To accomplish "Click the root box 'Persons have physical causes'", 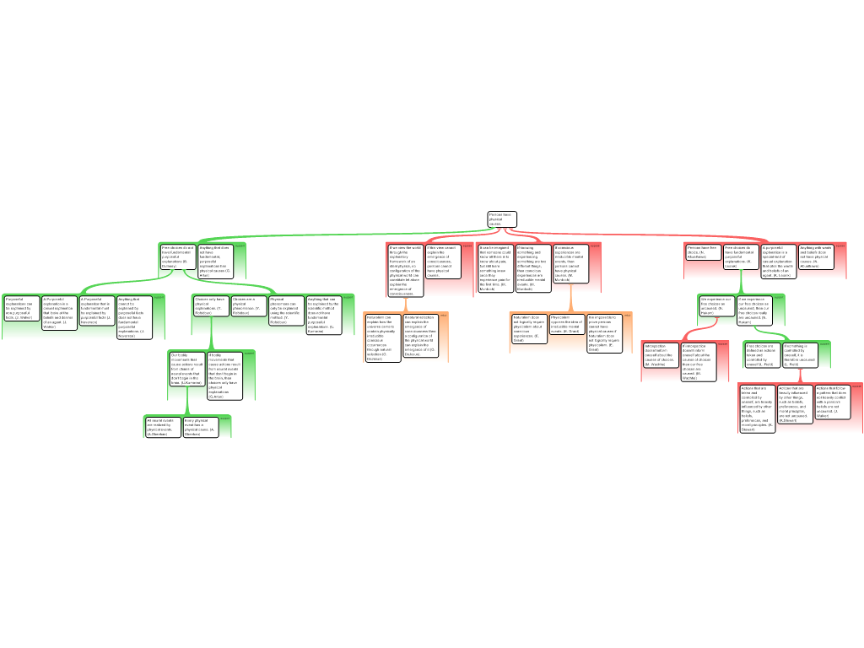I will (499, 219).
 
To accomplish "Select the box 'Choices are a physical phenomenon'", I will (249, 310).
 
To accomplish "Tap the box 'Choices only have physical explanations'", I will (211, 310).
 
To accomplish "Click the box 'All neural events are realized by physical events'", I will (163, 427).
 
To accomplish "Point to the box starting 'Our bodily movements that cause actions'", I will (187, 368).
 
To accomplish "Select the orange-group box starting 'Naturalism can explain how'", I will (383, 336).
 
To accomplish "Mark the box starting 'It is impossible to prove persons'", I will (605, 332).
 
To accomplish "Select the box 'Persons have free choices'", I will (702, 252).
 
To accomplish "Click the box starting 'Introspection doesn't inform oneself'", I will (661, 360).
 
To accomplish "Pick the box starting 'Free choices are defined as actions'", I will (762, 355).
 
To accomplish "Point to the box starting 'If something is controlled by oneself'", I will (800, 355).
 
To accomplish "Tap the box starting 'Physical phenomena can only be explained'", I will (286, 310).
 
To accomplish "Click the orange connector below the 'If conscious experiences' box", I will (571, 301).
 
